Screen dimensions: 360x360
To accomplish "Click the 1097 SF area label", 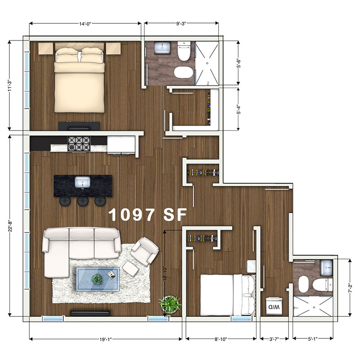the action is pyautogui.click(x=148, y=215).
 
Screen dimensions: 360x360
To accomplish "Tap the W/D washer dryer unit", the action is pyautogui.click(x=274, y=306).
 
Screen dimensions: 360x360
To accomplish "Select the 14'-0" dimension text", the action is pyautogui.click(x=85, y=24).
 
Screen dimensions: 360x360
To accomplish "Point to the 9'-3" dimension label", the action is pyautogui.click(x=181, y=24).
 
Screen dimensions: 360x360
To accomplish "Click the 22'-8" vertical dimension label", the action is pyautogui.click(x=9, y=226).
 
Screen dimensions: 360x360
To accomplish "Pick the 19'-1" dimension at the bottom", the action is pyautogui.click(x=106, y=339).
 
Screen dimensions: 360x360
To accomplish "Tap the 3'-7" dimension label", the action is pyautogui.click(x=274, y=339).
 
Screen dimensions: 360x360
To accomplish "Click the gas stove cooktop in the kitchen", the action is pyautogui.click(x=79, y=144).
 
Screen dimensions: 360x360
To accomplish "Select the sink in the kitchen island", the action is pyautogui.click(x=82, y=182).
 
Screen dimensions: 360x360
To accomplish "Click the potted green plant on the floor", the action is pyautogui.click(x=170, y=304).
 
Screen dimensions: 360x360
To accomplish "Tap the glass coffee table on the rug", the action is pyautogui.click(x=98, y=279).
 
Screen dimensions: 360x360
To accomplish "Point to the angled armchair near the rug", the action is pyautogui.click(x=145, y=251).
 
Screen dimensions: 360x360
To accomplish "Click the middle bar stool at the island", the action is pyautogui.click(x=83, y=201).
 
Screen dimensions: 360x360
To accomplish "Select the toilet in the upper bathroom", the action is pyautogui.click(x=184, y=51).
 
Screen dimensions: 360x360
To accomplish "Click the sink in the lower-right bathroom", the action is pyautogui.click(x=326, y=267).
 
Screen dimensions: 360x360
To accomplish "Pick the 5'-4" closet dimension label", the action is pyautogui.click(x=238, y=109).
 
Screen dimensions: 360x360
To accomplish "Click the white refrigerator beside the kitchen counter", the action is pyautogui.click(x=121, y=144).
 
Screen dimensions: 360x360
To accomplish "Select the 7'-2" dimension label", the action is pyautogui.click(x=350, y=288).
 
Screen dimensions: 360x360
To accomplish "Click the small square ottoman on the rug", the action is pyautogui.click(x=130, y=269).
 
